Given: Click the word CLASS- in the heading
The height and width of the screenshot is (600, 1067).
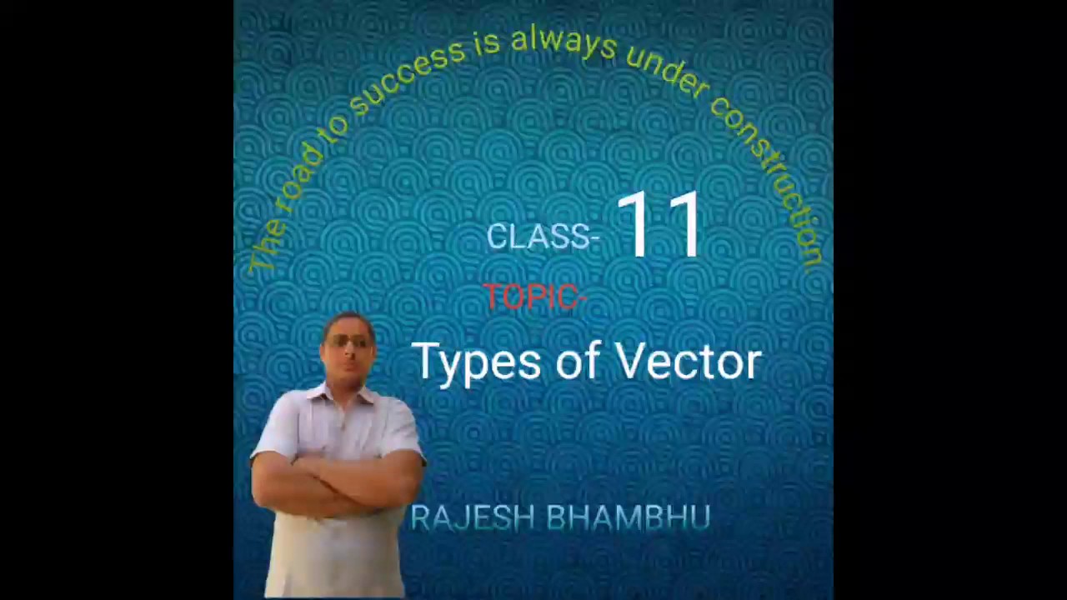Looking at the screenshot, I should coord(543,237).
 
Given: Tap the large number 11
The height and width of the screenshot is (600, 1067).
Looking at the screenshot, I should coord(659,224).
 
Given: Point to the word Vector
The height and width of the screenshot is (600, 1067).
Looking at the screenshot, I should coord(688,361).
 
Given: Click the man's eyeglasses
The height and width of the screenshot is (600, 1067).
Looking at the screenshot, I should coord(348,342).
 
